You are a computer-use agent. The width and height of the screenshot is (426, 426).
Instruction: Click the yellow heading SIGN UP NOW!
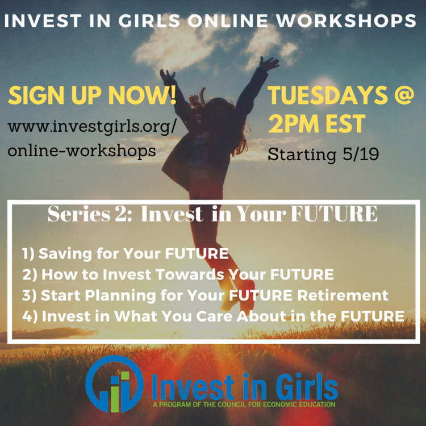pos(92,97)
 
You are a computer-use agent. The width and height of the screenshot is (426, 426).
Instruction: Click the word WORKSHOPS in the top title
pos(353,21)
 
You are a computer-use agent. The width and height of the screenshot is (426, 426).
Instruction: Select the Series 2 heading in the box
pos(212,214)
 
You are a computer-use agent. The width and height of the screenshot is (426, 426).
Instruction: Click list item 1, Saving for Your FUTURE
pos(126,253)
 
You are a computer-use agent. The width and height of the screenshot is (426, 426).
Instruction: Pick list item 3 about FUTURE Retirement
pos(205,295)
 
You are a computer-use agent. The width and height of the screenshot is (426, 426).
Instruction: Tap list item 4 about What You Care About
pos(214,316)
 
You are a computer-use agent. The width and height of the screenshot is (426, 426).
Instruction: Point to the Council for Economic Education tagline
pos(244,404)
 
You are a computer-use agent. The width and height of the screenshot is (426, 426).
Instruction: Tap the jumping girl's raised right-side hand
pos(268,62)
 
